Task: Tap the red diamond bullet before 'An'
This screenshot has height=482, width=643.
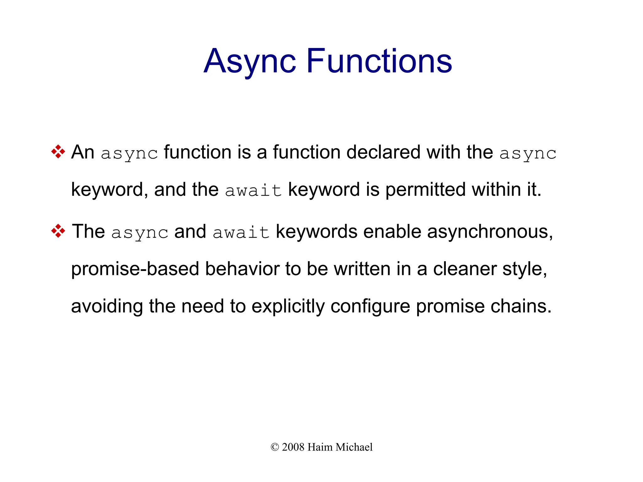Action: [58, 152]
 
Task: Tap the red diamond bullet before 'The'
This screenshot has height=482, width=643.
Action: [58, 231]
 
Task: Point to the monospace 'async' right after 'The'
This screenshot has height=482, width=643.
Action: [140, 233]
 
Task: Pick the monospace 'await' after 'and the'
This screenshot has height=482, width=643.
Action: [253, 191]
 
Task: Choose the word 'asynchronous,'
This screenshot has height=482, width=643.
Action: [490, 232]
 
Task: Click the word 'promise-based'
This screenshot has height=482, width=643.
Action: [135, 269]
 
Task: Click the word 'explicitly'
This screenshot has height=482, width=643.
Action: [288, 306]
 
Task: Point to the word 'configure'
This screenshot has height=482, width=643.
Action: [370, 306]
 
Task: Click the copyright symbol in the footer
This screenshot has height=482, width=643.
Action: [275, 447]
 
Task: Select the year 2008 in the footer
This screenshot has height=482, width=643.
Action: [293, 447]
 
